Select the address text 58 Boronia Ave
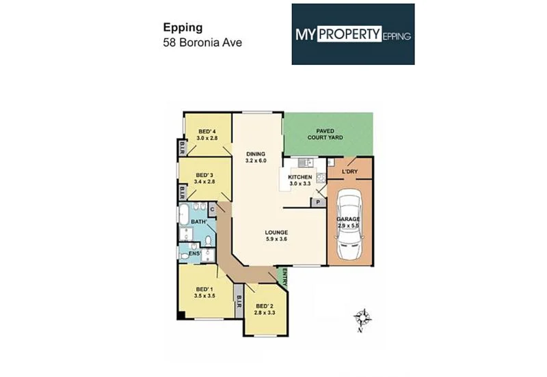202,42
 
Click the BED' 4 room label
207,131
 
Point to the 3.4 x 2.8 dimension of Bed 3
204,182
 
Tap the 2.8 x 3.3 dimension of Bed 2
265,311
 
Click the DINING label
255,154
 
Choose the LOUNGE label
276,232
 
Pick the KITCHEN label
299,177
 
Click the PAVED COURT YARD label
329,134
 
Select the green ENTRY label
283,276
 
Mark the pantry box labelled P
317,202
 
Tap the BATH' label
198,222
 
